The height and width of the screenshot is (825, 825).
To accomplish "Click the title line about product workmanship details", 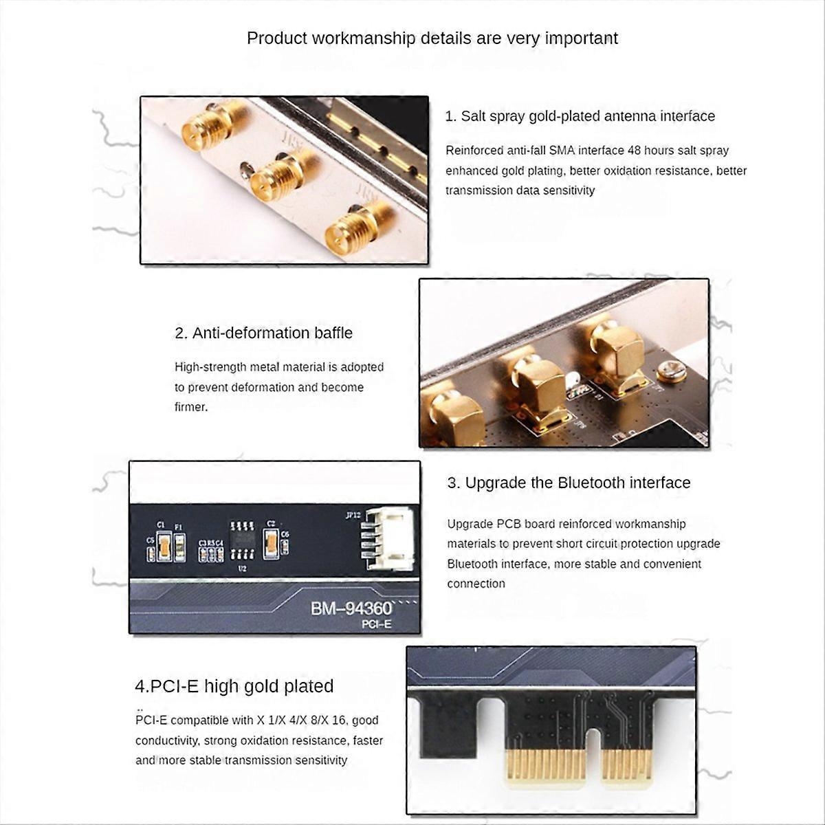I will tap(432, 38).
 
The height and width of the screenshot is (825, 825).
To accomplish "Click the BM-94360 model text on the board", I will tap(351, 608).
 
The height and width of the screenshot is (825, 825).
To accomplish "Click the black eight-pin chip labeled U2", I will tap(241, 540).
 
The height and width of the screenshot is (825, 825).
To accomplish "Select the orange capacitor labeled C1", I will tap(164, 547).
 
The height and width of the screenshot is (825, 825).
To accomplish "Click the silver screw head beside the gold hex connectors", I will tap(671, 373).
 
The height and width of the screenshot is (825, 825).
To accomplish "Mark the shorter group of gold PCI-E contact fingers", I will tap(626, 762).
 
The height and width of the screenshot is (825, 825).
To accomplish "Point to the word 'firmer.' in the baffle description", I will tap(191, 407).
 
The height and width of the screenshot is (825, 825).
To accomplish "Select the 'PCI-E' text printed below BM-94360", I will tap(376, 624).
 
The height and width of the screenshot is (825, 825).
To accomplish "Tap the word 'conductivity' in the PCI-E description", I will tap(166, 740).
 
